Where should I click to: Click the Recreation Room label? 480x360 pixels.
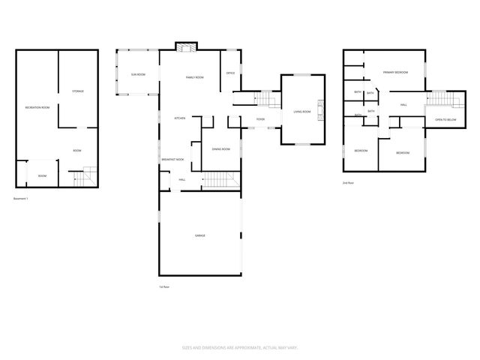(x=37, y=108)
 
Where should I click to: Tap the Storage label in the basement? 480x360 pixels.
(x=78, y=91)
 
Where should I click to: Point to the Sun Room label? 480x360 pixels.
(x=138, y=74)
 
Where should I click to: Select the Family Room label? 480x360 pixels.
(x=195, y=78)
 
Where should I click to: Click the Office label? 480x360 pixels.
(x=230, y=73)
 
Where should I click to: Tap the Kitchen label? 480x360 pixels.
(x=180, y=118)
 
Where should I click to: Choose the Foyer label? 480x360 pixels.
(x=260, y=119)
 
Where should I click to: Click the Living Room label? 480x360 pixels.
(x=292, y=112)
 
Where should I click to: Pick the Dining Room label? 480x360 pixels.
(x=220, y=149)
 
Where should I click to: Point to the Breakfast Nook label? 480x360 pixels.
(x=172, y=160)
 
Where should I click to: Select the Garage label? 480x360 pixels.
(x=200, y=235)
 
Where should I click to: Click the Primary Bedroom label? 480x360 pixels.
(x=395, y=73)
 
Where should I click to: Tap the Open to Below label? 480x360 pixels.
(x=445, y=120)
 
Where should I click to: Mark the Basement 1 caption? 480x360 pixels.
(x=21, y=199)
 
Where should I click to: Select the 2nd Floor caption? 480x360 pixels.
(x=346, y=182)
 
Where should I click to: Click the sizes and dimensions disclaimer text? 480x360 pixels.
(x=239, y=347)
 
